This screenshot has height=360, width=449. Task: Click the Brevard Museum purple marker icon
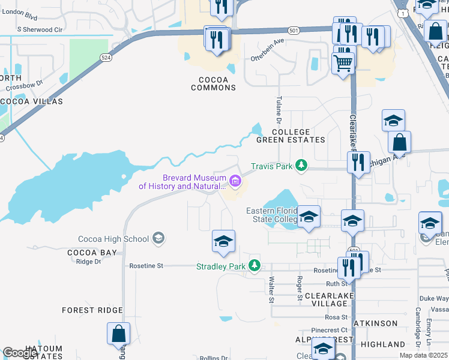(235, 179)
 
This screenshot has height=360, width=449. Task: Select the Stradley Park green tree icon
(255, 265)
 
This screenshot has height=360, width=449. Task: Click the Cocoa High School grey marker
(158, 239)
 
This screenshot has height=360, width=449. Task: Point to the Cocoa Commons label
(214, 83)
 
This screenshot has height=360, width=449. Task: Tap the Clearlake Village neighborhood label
(327, 300)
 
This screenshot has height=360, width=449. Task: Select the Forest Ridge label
(92, 310)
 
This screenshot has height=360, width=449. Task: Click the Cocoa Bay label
(92, 253)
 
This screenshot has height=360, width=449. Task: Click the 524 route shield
(106, 57)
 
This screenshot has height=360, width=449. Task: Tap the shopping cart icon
(343, 63)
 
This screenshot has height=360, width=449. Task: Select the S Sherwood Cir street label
(40, 29)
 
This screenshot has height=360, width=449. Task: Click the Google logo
(20, 352)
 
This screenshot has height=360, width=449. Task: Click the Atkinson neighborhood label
(375, 323)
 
